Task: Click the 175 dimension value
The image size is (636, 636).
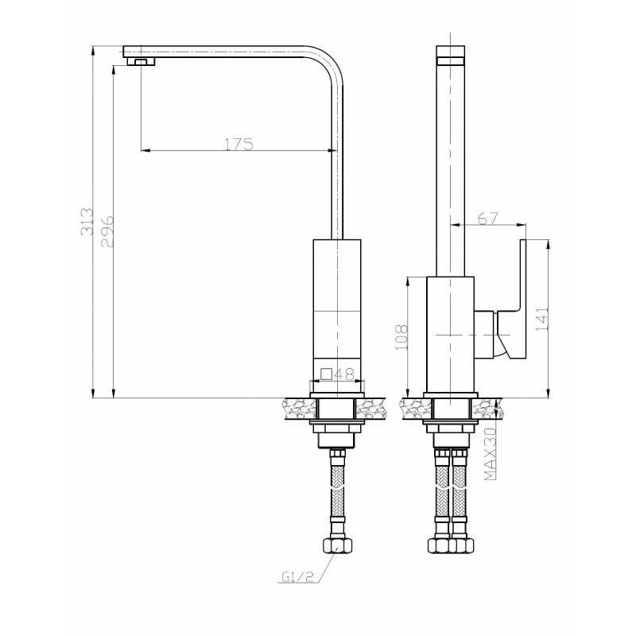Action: click(239, 144)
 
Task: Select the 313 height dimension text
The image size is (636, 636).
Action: click(87, 222)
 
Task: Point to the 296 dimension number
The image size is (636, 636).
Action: click(107, 231)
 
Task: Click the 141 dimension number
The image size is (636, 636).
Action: click(542, 319)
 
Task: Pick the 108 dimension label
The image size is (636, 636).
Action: click(401, 337)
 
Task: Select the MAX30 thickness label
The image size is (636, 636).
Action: click(491, 454)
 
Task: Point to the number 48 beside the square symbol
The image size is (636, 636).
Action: click(344, 374)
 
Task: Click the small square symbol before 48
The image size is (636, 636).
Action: click(327, 373)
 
